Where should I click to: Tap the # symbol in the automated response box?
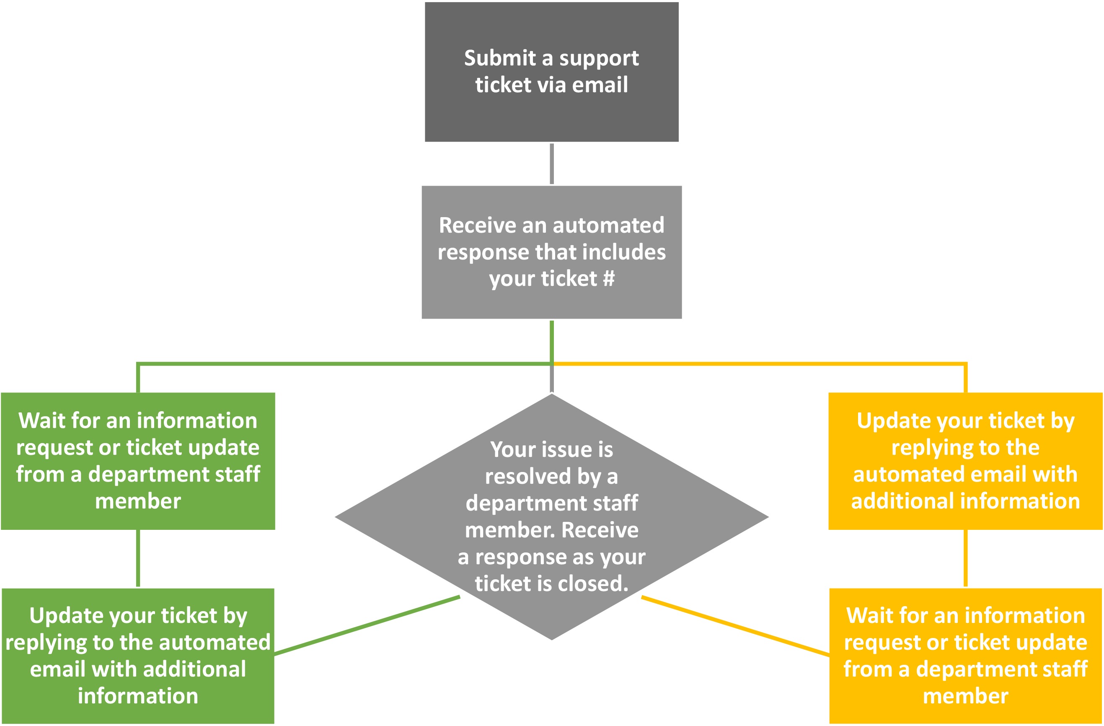pos(609,278)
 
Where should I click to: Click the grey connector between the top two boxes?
pos(551,164)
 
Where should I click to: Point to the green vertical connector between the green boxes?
pos(138,558)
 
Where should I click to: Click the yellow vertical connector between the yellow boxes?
pos(965,558)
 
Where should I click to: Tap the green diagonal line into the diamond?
pos(367,625)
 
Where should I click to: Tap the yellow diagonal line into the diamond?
pos(735,626)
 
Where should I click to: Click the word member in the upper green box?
pos(138,502)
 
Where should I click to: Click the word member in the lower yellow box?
pos(965,697)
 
